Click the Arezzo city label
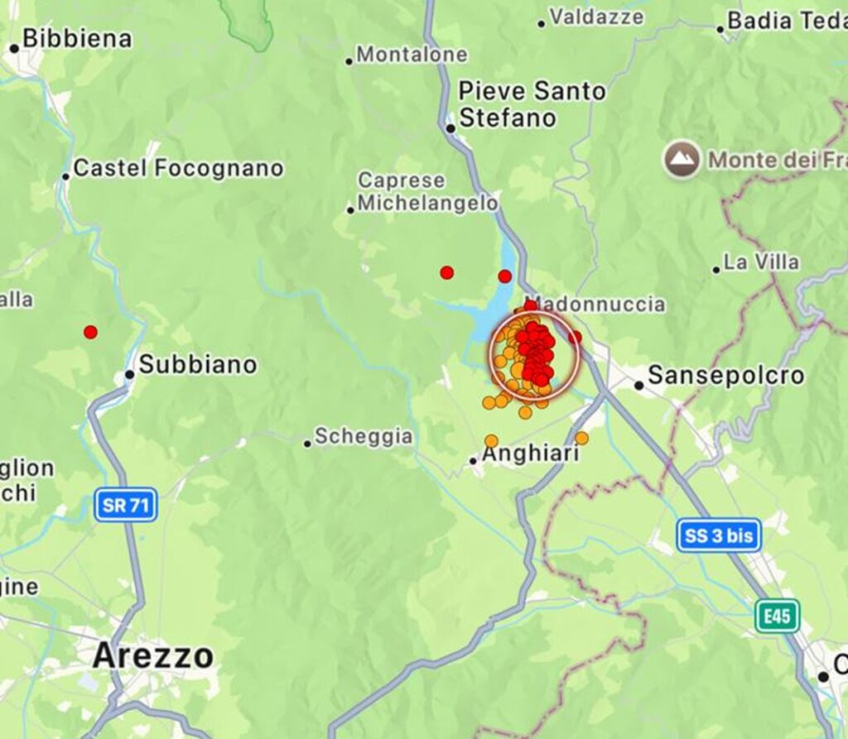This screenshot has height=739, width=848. [x=152, y=656]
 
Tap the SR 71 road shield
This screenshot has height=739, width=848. [x=126, y=505]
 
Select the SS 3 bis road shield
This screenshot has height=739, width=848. [x=718, y=535]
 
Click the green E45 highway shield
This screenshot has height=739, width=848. [x=777, y=616]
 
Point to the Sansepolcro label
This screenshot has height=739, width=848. [x=725, y=376]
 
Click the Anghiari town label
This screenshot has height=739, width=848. [x=530, y=454]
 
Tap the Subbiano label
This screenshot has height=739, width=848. [x=197, y=364]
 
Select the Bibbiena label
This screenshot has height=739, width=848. [x=76, y=38]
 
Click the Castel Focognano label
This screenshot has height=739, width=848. [x=178, y=169]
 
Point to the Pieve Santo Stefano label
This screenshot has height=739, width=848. [x=532, y=104]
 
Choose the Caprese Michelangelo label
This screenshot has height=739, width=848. [x=427, y=192]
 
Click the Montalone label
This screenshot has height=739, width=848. [x=412, y=55]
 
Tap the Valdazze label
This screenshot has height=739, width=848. [x=596, y=17]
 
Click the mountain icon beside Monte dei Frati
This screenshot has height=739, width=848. [x=682, y=160]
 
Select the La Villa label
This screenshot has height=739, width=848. [x=761, y=262]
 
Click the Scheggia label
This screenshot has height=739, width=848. [x=363, y=436]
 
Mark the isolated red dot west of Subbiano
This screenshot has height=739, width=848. [x=90, y=332]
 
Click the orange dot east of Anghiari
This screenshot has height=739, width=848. [x=581, y=438]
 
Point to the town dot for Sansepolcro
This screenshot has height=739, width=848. [x=638, y=385]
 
